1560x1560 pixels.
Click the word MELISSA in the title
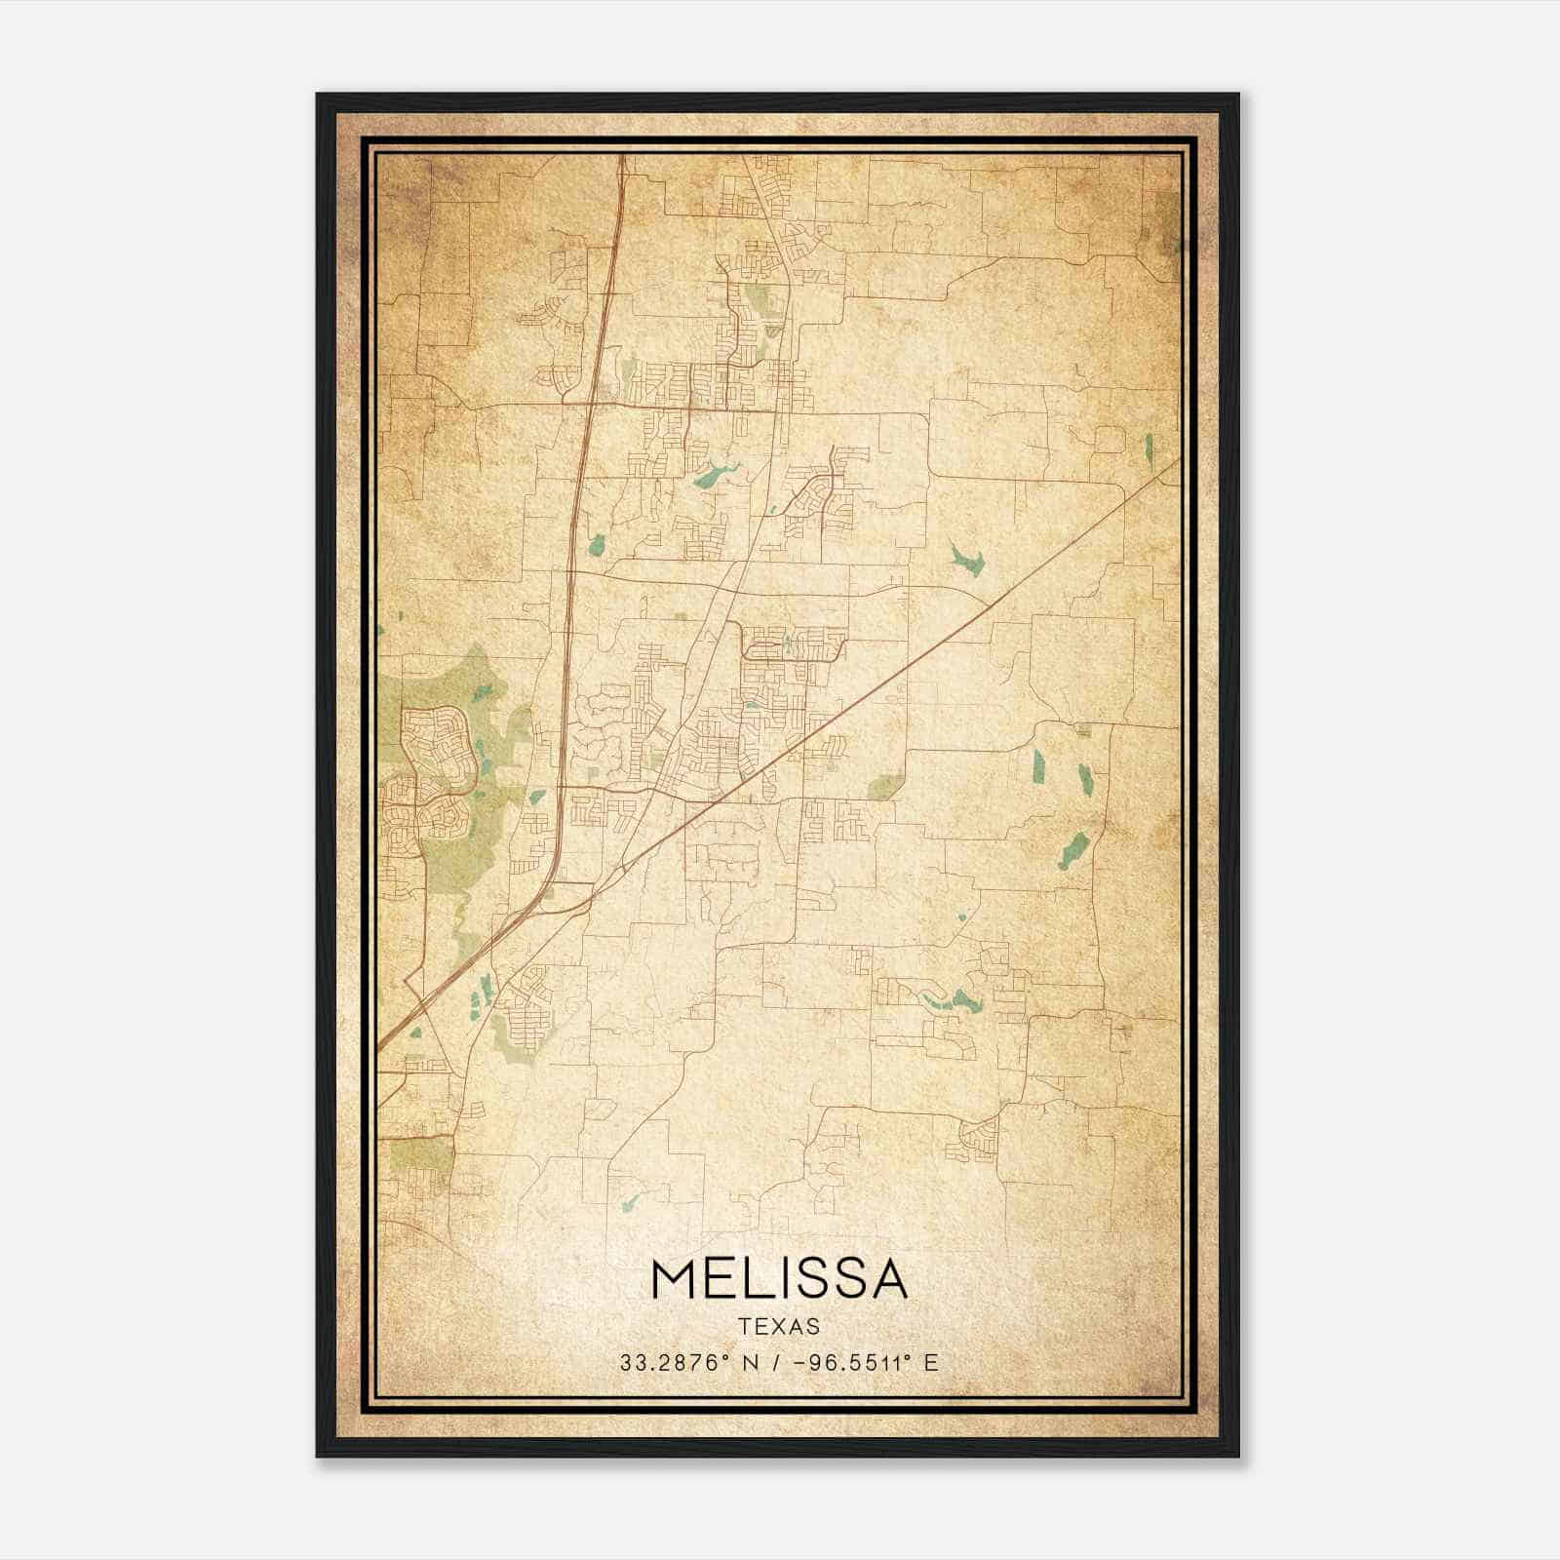coord(779,1279)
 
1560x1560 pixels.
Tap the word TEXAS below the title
coord(779,1327)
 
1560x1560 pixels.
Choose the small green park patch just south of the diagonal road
coord(883,786)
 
